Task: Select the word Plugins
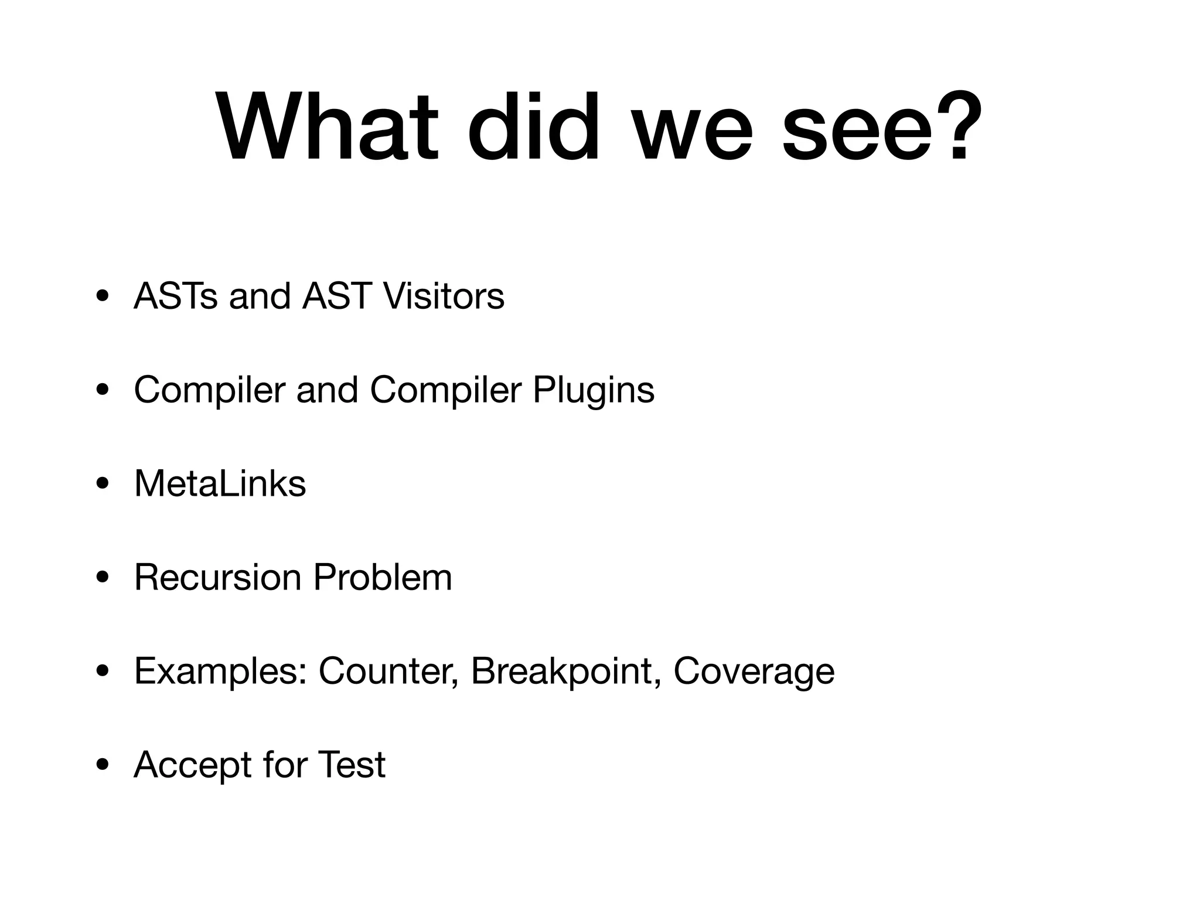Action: [593, 390]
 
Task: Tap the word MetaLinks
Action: [220, 484]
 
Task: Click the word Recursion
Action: [217, 578]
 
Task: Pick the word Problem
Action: [383, 578]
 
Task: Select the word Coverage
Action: [754, 672]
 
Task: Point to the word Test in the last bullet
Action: [351, 765]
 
